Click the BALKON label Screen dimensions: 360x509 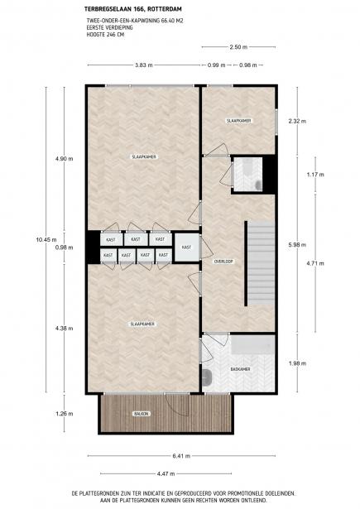pos(142,414)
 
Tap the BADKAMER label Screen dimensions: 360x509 pos(240,369)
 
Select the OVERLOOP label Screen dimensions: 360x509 pos(223,262)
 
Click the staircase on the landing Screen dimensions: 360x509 pos(260,263)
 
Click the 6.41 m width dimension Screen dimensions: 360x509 pos(181,456)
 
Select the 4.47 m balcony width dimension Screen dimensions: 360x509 pos(166,473)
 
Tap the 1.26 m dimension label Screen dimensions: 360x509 pos(65,414)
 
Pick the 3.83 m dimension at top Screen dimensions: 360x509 pos(144,65)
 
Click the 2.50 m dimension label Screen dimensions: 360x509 pos(238,47)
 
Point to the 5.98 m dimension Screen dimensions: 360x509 pos(297,245)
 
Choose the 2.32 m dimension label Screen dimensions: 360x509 pos(297,121)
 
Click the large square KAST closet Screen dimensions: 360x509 pos(187,247)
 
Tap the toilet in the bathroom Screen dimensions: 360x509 pos(206,377)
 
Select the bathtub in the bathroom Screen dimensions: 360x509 pos(252,345)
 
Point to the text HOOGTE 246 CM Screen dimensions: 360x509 pos(105,35)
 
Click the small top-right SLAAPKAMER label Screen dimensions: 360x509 pos(239,121)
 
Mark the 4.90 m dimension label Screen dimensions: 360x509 pos(65,159)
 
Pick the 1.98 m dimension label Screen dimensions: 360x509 pos(297,363)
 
